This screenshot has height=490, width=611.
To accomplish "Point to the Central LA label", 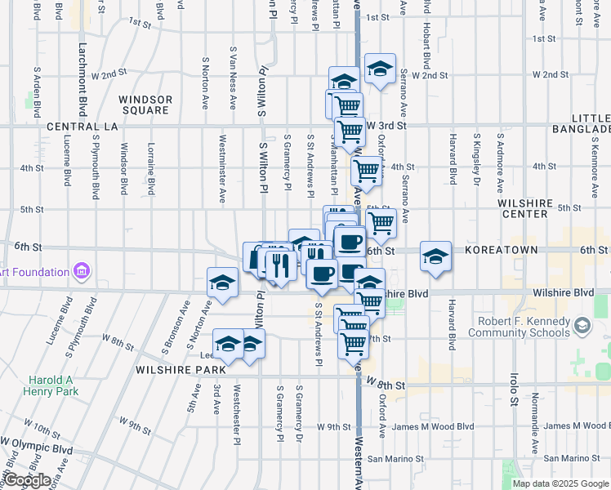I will point(83,127).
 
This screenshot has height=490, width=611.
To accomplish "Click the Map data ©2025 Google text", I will point(559,483).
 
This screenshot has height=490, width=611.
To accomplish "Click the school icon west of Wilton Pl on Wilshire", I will point(221,283).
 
